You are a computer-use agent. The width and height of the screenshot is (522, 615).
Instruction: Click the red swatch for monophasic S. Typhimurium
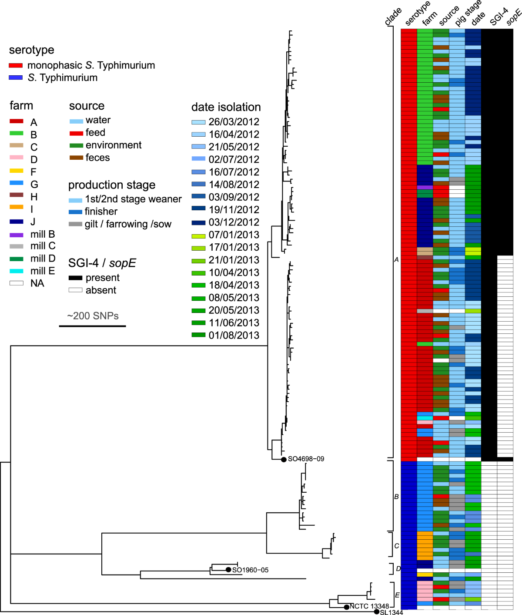click(x=16, y=65)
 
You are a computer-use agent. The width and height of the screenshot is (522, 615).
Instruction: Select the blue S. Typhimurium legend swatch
click(x=16, y=77)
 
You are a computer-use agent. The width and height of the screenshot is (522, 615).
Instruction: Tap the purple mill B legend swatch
click(x=17, y=235)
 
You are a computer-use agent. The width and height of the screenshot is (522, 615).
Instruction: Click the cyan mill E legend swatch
click(x=17, y=271)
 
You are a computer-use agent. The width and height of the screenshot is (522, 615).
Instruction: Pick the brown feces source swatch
click(x=76, y=158)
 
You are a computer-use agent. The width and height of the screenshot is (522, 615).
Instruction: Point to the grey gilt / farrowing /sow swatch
click(x=75, y=224)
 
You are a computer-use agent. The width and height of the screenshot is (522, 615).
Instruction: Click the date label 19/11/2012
click(x=234, y=210)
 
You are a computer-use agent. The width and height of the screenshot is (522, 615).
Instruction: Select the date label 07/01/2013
click(x=234, y=235)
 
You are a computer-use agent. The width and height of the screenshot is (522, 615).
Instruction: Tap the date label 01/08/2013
click(x=234, y=336)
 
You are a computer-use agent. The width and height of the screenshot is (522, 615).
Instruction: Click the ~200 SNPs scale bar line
click(x=92, y=326)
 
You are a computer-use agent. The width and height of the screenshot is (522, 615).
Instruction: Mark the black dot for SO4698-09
click(x=284, y=459)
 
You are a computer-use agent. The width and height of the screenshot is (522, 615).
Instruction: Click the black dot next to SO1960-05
click(x=228, y=570)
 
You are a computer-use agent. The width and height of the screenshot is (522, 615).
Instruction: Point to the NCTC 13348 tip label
click(x=369, y=606)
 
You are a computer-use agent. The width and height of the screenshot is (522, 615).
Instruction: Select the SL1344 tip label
click(x=391, y=612)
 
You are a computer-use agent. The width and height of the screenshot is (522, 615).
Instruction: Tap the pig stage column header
click(x=468, y=13)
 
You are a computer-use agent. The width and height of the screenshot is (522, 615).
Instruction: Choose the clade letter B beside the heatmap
click(x=396, y=497)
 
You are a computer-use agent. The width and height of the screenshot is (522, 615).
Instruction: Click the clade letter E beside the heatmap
click(x=397, y=595)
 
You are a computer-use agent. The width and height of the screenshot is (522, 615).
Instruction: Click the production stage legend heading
click(x=112, y=185)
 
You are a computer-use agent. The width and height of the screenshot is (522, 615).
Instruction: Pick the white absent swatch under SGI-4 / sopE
click(x=75, y=290)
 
